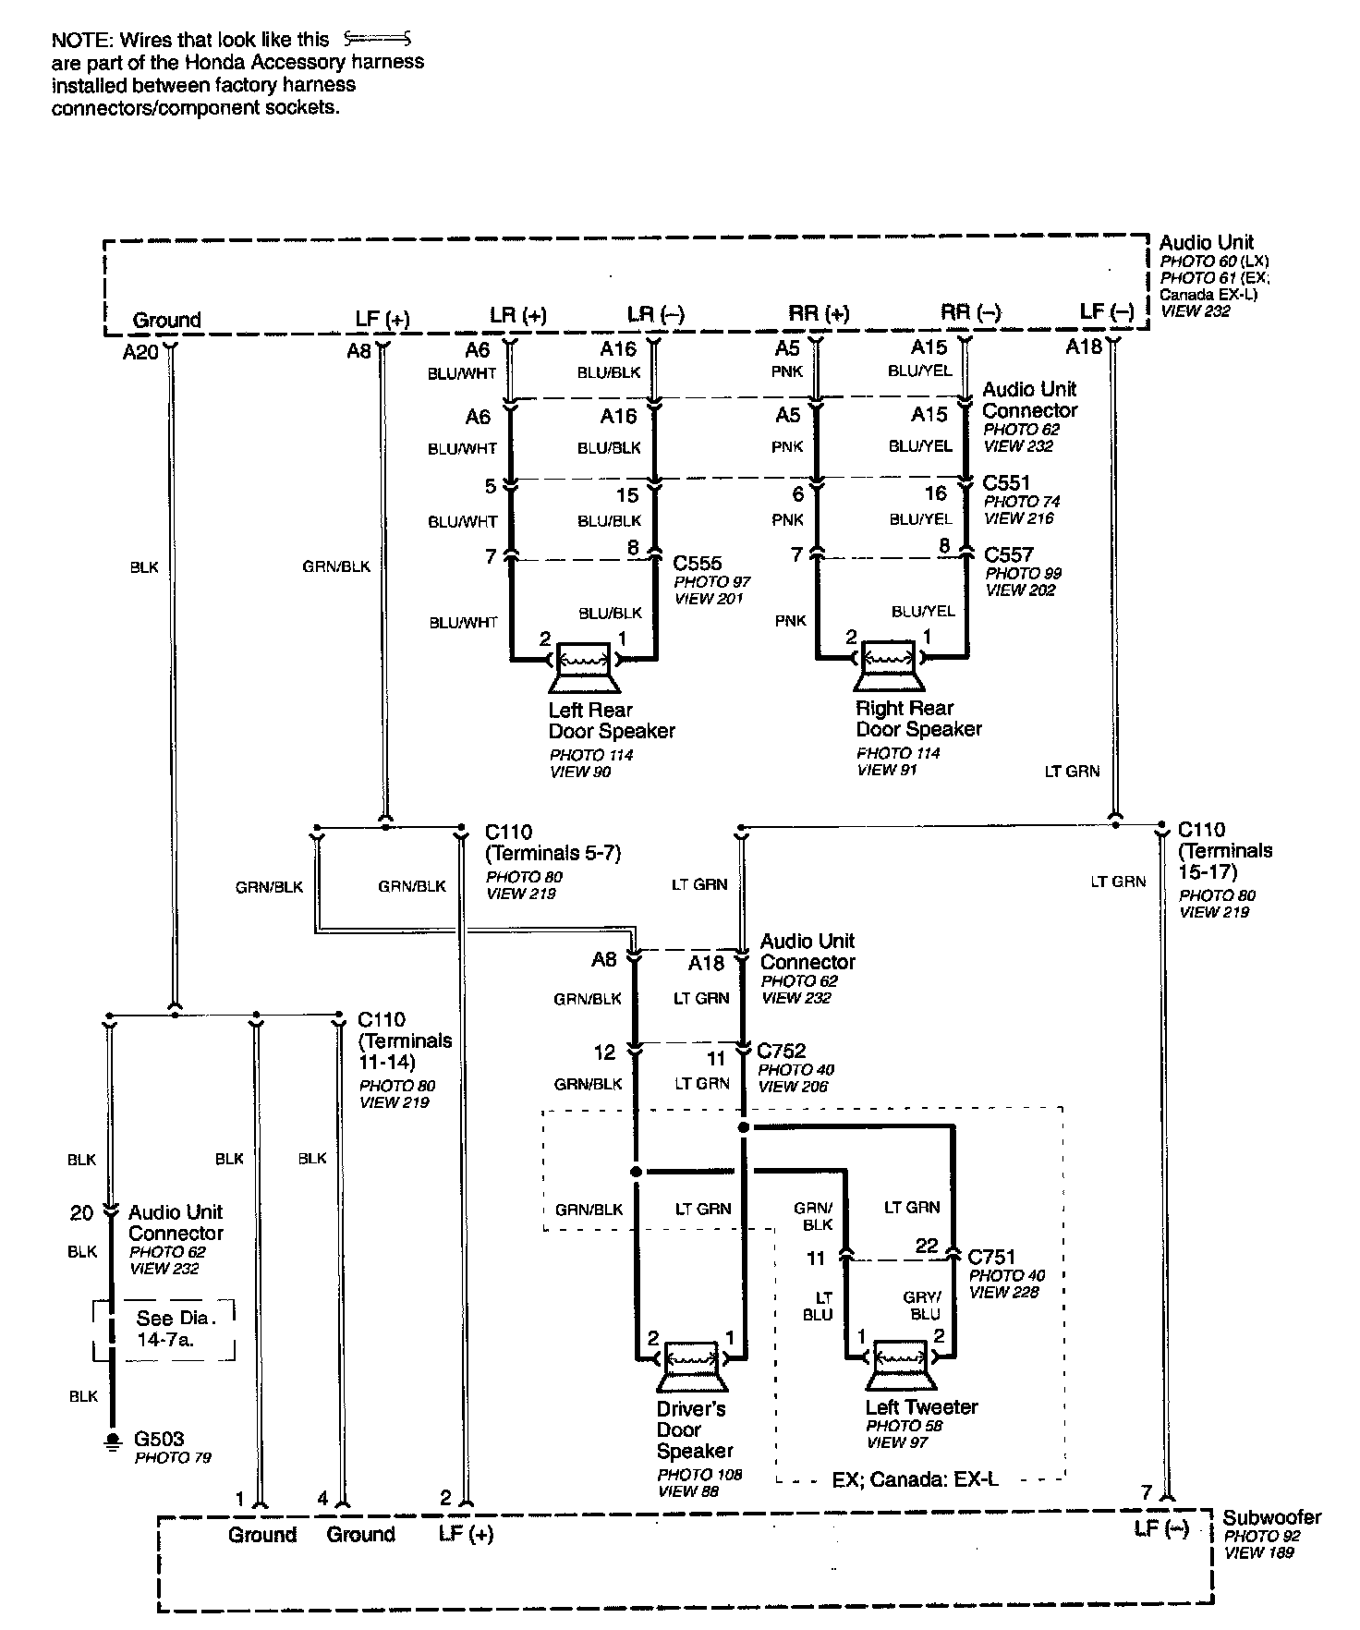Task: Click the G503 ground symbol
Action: tap(113, 1442)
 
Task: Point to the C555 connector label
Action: tap(698, 563)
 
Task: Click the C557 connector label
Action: tap(1008, 554)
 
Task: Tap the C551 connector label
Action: tap(1006, 482)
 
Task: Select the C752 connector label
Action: tap(782, 1051)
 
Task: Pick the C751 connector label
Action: tap(991, 1257)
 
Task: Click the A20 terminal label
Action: tap(140, 352)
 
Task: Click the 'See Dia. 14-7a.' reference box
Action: tap(164, 1328)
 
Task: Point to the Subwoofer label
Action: tap(1271, 1517)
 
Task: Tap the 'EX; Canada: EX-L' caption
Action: tap(915, 1479)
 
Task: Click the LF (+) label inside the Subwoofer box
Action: tap(466, 1535)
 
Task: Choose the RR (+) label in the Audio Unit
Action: tap(818, 313)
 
